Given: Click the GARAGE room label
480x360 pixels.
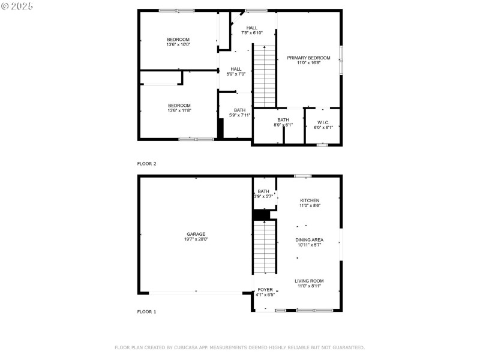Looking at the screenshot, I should pos(196,234).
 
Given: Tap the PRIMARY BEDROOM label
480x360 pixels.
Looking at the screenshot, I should pos(308,58).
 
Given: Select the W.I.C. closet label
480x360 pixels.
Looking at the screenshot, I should pos(323,122).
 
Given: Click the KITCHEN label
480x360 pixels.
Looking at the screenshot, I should pos(310,200).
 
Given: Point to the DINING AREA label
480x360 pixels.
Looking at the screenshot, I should pos(309,240).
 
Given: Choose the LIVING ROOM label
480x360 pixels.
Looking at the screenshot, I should pos(309,281).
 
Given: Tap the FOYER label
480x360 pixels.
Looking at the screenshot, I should pos(265,290).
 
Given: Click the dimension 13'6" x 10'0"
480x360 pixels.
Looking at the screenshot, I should pos(178,44).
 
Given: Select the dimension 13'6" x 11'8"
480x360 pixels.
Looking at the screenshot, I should pos(179,110).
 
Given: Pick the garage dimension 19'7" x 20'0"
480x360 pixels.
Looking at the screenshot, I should pos(196,239).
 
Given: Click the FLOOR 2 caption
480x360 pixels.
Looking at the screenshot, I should pos(146,163).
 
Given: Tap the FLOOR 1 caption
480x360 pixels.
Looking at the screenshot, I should pos(146,312).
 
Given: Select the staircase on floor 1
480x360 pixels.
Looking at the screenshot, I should pos(264,247).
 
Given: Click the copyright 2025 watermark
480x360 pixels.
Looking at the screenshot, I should pos(17,5).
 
